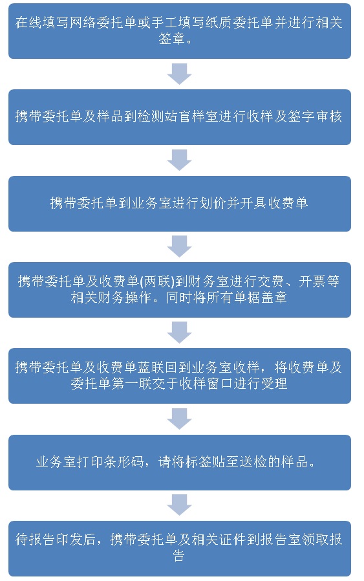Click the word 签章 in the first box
tap(172, 39)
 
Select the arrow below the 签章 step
tap(179, 74)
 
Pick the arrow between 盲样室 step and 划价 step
tap(179, 160)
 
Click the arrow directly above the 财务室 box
tap(179, 247)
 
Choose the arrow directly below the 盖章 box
tap(179, 333)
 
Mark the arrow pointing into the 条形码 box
tap(179, 419)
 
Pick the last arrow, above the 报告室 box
tap(179, 505)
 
